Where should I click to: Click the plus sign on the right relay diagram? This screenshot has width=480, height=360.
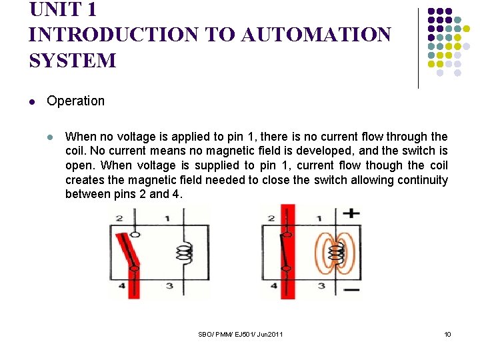351,214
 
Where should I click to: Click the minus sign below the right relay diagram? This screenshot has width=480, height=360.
351,289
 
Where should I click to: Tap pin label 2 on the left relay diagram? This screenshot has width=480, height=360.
119,218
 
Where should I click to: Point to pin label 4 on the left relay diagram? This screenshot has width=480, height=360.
121,286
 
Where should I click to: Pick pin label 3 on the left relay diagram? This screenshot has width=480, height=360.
169,286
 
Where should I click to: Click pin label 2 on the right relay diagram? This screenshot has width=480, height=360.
271,218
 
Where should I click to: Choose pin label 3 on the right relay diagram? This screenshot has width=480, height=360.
321,286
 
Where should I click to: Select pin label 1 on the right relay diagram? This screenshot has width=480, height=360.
319,218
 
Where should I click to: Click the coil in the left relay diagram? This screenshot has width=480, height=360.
184,251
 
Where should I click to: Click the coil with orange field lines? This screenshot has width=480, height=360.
337,252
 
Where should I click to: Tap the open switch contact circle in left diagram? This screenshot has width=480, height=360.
135,235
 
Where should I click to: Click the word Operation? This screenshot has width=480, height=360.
75,101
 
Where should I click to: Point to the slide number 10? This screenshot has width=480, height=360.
447,333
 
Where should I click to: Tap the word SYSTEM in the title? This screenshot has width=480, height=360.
72,61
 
